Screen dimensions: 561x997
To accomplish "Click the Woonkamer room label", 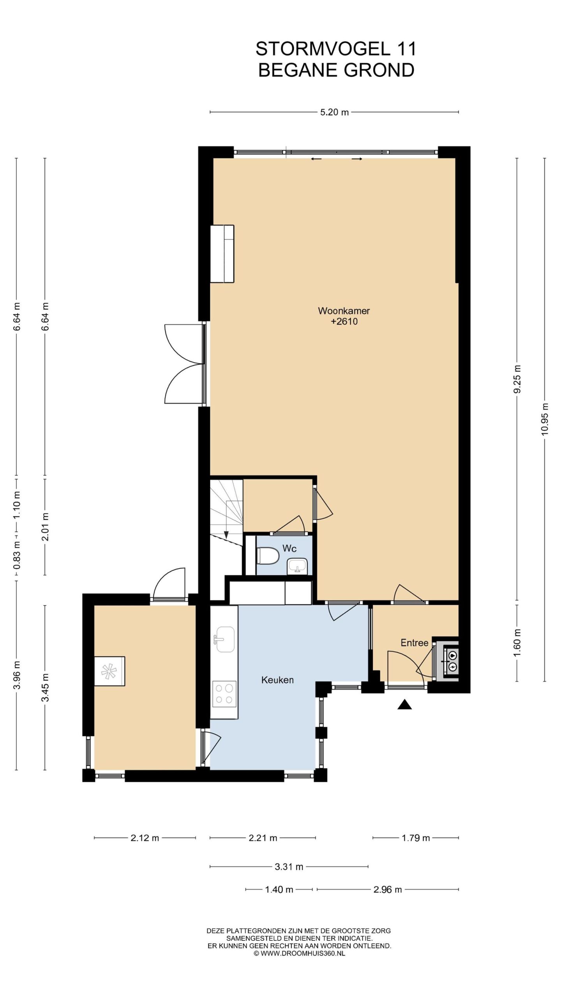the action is point(344,311).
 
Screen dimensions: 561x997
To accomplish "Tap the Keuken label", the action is point(277,680).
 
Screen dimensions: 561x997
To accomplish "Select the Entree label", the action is point(415,643).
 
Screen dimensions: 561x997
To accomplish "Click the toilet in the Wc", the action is point(268,555).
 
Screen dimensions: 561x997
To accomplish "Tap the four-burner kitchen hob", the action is point(224,694).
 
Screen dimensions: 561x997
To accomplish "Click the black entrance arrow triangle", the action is point(404,704).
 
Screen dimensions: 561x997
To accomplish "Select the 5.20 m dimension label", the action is point(334,113).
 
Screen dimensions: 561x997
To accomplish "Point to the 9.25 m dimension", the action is point(517,379).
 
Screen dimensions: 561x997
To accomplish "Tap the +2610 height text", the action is point(344,322).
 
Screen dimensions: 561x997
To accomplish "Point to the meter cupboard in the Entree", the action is point(447,661).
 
